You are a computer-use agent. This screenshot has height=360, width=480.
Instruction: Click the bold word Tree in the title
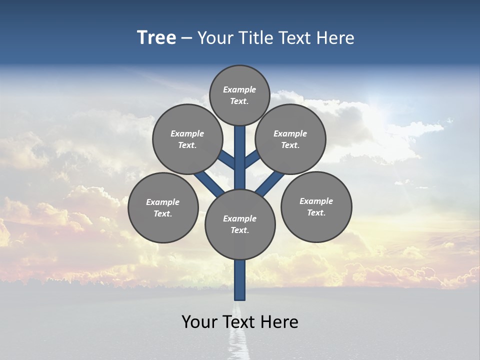(156, 37)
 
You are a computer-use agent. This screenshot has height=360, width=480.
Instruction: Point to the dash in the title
(186, 38)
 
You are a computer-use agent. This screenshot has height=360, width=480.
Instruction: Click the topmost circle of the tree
(239, 95)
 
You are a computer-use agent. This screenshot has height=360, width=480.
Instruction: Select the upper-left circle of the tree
(187, 139)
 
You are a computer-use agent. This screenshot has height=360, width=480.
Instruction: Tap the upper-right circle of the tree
(290, 139)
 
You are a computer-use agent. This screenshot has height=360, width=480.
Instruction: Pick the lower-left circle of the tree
(163, 207)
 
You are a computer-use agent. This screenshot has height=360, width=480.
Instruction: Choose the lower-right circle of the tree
(316, 206)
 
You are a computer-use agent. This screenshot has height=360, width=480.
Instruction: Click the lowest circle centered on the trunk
(240, 224)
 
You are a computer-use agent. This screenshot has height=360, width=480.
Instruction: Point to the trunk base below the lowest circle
(240, 280)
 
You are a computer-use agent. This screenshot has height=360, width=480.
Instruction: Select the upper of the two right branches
(252, 159)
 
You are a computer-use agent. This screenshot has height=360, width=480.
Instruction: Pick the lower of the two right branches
(270, 183)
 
